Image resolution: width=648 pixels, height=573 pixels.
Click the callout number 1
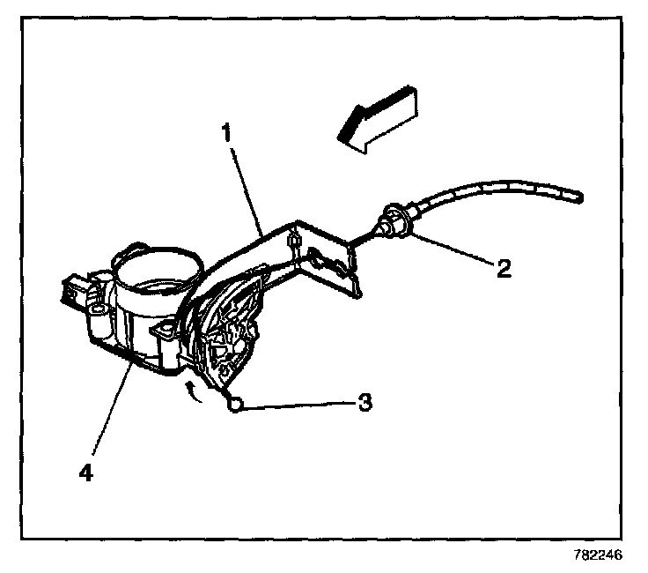[x=226, y=135]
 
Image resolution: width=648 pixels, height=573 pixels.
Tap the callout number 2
[x=504, y=269]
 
